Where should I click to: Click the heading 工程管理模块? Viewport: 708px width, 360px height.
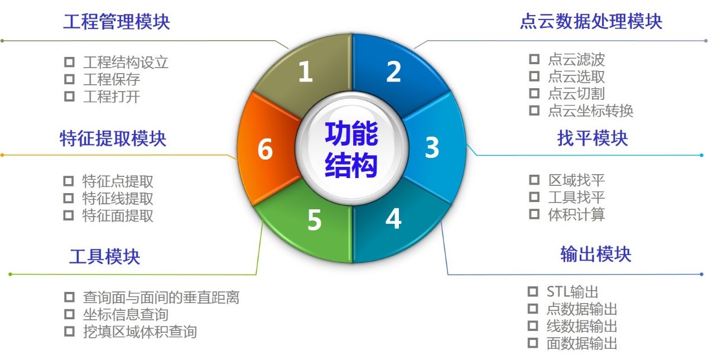coord(116,22)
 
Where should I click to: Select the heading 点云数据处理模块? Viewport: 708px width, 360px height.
coord(591,22)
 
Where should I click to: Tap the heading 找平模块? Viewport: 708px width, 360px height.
coord(592,138)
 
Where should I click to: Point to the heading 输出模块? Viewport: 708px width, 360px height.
coord(595,254)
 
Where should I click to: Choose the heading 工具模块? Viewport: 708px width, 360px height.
coord(104,256)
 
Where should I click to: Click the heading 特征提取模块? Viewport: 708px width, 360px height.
coord(113,138)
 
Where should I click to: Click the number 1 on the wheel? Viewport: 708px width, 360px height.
coord(305,72)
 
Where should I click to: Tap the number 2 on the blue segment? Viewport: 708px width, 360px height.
coord(393,71)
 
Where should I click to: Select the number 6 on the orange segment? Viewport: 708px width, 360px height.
coord(265,150)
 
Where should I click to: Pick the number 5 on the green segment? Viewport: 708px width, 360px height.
coord(314,220)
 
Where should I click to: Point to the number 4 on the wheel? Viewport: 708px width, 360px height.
coord(393,219)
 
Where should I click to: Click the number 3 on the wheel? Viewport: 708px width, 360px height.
coord(432,147)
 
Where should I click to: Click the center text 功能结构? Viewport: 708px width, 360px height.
coord(351,149)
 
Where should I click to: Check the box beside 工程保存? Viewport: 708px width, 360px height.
coord(69,79)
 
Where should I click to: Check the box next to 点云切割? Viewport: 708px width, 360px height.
coord(534,93)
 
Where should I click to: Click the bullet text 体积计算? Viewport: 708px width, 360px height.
coord(576,214)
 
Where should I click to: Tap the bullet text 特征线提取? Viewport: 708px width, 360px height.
coord(118,198)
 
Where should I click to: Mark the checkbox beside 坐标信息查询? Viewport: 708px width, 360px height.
coord(69,314)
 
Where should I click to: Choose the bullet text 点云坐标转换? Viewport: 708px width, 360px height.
coord(590,111)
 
